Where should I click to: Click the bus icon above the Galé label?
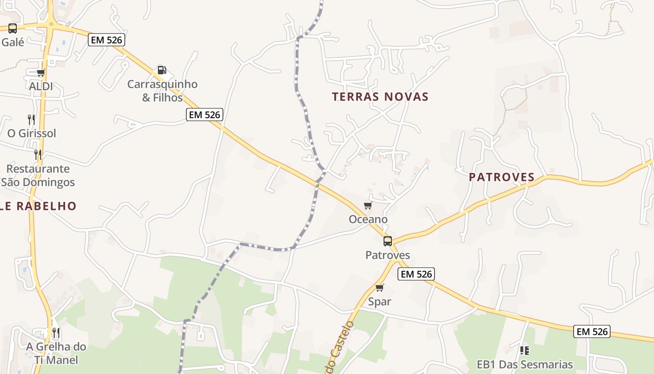click(13, 29)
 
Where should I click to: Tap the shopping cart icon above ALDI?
click(41, 72)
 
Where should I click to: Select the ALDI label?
click(41, 86)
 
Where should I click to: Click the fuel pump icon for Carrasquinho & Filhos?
click(162, 70)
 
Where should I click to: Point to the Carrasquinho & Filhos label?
click(163, 91)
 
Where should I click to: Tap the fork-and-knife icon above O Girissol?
click(31, 119)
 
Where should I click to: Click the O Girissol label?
click(32, 133)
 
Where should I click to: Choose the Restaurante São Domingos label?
click(38, 175)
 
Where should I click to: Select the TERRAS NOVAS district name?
click(380, 97)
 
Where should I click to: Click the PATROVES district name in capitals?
click(502, 177)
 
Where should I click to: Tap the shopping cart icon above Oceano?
click(368, 206)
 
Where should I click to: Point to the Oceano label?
click(368, 219)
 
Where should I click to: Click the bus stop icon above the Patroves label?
click(388, 241)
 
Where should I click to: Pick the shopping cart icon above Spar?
click(379, 288)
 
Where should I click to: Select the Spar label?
click(379, 302)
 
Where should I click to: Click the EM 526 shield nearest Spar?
click(416, 274)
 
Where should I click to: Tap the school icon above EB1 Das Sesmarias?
click(525, 350)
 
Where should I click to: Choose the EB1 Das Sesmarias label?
click(525, 365)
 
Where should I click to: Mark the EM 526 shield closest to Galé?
click(107, 40)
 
